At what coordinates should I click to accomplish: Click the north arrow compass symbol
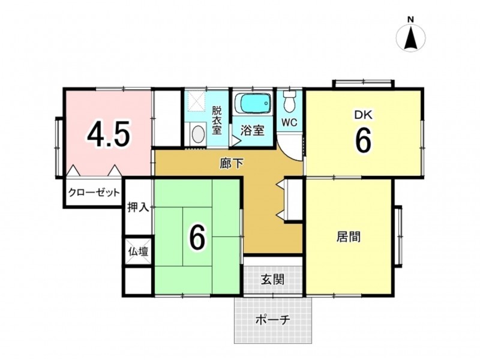pos(410,38)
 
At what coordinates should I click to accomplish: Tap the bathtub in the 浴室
pos(253,104)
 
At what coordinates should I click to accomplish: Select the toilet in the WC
pos(289,101)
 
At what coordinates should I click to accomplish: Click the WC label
pos(289,122)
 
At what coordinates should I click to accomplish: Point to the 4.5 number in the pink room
pos(109,133)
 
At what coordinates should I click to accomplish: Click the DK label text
pos(364,115)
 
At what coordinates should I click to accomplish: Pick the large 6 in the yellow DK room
pos(363,140)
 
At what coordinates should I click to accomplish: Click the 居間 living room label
pos(349,237)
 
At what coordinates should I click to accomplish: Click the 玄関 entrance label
pos(272,279)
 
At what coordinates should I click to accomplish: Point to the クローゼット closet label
pos(94,193)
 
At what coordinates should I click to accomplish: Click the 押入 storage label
pos(139,208)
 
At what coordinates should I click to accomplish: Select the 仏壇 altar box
pos(139,251)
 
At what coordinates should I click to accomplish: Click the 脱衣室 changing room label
pos(217,121)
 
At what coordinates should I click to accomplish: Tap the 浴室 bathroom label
pos(252,131)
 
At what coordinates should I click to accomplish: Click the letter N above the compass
pos(410,19)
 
